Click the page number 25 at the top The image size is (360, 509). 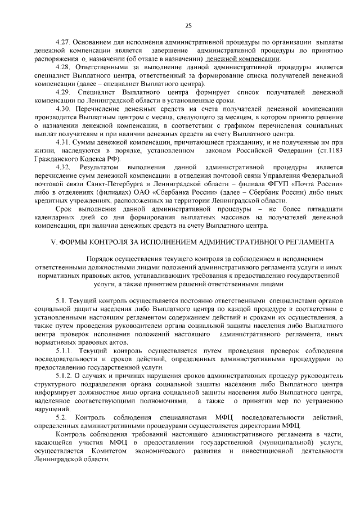click(188, 25)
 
